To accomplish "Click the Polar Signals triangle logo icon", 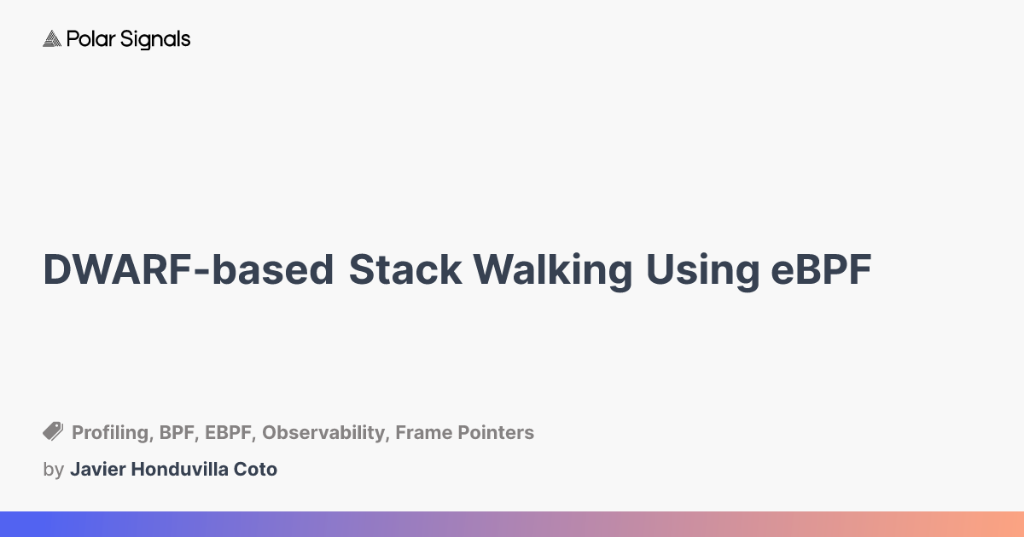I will (52, 39).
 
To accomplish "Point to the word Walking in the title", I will (553, 270).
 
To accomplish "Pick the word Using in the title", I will (702, 270).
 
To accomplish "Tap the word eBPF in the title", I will (821, 270).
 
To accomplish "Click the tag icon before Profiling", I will (53, 431).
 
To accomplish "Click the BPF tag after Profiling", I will (177, 433).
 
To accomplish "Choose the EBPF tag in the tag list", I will (229, 433).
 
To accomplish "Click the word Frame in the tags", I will (423, 433).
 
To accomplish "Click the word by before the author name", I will (53, 470).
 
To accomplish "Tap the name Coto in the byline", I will (257, 470).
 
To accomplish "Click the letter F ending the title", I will (860, 270).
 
